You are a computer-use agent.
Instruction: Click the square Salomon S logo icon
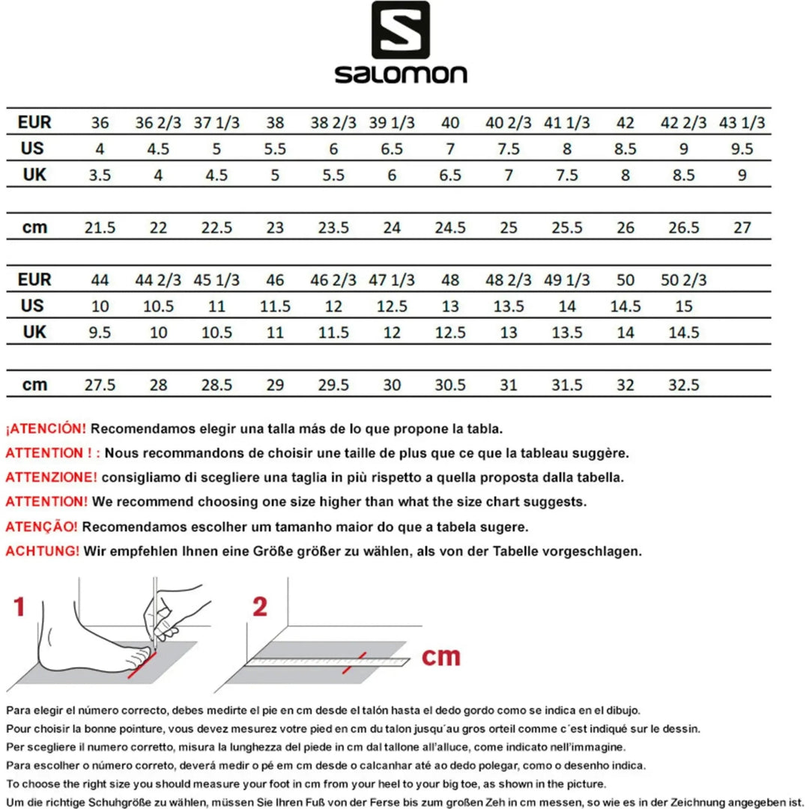pyautogui.click(x=401, y=31)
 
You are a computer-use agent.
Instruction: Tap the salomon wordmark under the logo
pyautogui.click(x=401, y=73)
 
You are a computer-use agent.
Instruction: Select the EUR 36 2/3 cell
pyautogui.click(x=158, y=123)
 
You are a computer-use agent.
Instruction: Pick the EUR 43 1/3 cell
pyautogui.click(x=742, y=123)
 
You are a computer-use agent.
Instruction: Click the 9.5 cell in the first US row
pyautogui.click(x=742, y=149)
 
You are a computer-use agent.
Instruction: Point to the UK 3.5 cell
pyautogui.click(x=100, y=175)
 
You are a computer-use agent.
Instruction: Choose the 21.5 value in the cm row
pyautogui.click(x=100, y=228)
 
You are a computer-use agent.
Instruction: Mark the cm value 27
pyautogui.click(x=742, y=228)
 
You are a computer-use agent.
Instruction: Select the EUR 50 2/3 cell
pyautogui.click(x=683, y=280)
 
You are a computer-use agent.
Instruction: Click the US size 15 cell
pyautogui.click(x=683, y=306)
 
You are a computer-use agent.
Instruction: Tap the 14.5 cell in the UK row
pyautogui.click(x=683, y=333)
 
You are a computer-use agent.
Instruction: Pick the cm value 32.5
pyautogui.click(x=683, y=385)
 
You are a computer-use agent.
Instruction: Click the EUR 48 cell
pyautogui.click(x=449, y=280)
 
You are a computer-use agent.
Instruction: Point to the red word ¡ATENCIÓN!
pyautogui.click(x=46, y=429)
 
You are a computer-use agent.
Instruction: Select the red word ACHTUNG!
pyautogui.click(x=42, y=551)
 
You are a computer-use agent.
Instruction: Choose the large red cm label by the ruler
pyautogui.click(x=440, y=657)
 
